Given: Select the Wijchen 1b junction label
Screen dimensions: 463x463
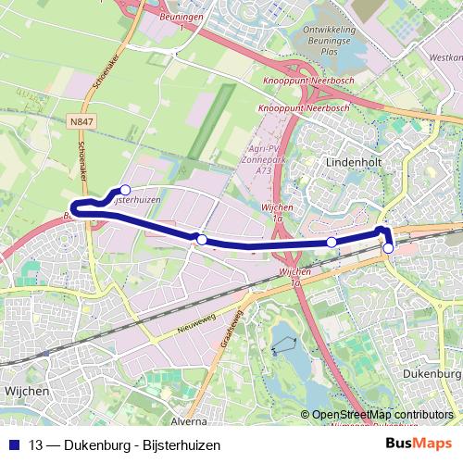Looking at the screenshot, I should pos(294,277).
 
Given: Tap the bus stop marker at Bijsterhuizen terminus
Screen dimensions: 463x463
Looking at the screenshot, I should pos(125,190).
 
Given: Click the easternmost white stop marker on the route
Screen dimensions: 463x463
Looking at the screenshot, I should pos(389,248).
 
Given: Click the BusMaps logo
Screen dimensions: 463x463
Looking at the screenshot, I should pos(420,444).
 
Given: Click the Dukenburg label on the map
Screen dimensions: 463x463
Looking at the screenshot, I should pos(432,373).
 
